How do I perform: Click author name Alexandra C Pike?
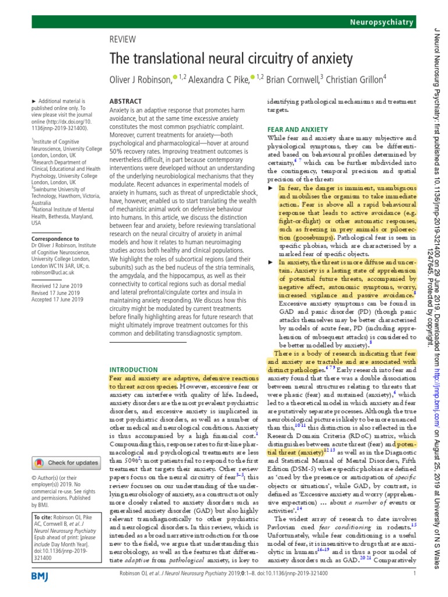213,79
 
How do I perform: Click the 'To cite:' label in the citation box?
43,517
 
